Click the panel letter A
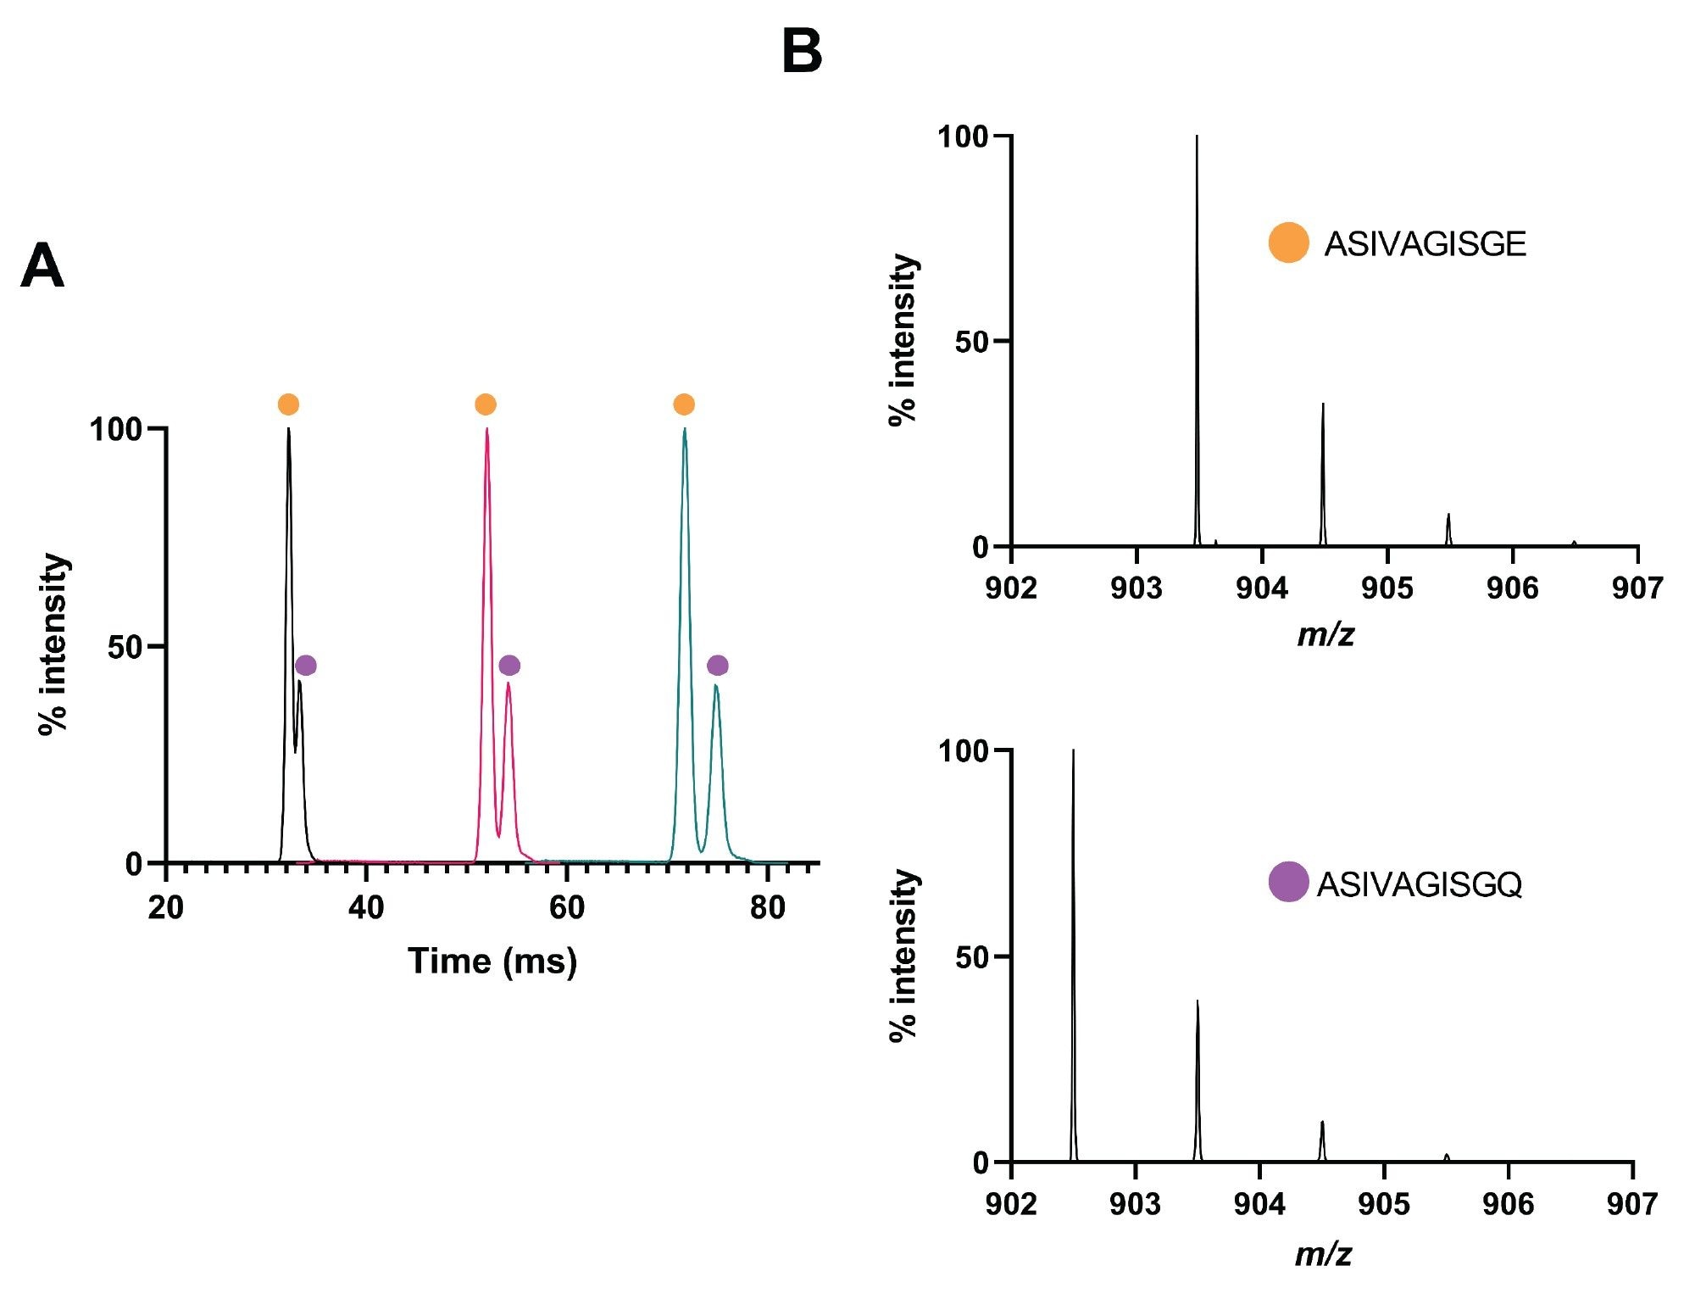pyautogui.click(x=42, y=266)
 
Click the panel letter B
pyautogui.click(x=802, y=51)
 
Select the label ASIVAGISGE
pyautogui.click(x=1425, y=244)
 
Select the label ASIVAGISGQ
pyautogui.click(x=1419, y=884)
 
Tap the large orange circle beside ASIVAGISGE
pyautogui.click(x=1288, y=243)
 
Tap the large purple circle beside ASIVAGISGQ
pyautogui.click(x=1288, y=882)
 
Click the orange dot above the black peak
pyautogui.click(x=288, y=404)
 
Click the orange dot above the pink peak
pyautogui.click(x=486, y=404)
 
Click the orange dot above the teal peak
pyautogui.click(x=684, y=404)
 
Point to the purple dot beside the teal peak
pyautogui.click(x=718, y=666)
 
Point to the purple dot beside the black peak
pyautogui.click(x=306, y=666)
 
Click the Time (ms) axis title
pyautogui.click(x=492, y=962)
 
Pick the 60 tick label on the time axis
pyautogui.click(x=566, y=908)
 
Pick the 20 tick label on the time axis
pyautogui.click(x=165, y=908)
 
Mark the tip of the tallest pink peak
pyautogui.click(x=486, y=429)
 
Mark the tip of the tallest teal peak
pyautogui.click(x=685, y=429)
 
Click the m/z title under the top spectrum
pyautogui.click(x=1325, y=635)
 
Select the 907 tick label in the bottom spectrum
pyautogui.click(x=1632, y=1204)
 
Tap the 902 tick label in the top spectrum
pyautogui.click(x=1011, y=588)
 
